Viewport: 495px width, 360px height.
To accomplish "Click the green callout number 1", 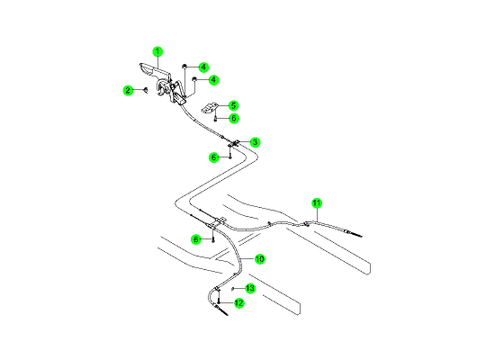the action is pyautogui.click(x=157, y=51).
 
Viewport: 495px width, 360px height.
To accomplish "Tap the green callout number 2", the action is pyautogui.click(x=128, y=91).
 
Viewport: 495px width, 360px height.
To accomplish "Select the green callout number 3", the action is pyautogui.click(x=255, y=142).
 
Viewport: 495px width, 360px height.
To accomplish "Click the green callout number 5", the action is pyautogui.click(x=233, y=105).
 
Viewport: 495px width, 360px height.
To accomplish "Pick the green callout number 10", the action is pyautogui.click(x=259, y=259).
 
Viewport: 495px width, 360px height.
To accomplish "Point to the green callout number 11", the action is pyautogui.click(x=317, y=203).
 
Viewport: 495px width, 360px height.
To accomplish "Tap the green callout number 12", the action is pyautogui.click(x=239, y=303).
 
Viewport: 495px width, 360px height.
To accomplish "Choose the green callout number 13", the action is pyautogui.click(x=249, y=288).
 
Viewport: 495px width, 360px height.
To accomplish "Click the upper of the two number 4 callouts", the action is pyautogui.click(x=203, y=67).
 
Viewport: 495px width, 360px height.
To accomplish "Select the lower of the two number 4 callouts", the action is pyautogui.click(x=213, y=79).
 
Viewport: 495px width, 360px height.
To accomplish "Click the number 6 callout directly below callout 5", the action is pyautogui.click(x=234, y=118).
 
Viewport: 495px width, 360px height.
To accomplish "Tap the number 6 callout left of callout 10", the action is pyautogui.click(x=196, y=239).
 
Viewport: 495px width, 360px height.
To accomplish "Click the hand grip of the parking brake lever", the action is pyautogui.click(x=148, y=69).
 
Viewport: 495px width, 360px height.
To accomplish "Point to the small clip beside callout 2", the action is pyautogui.click(x=146, y=91).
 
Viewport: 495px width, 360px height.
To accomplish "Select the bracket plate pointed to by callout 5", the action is pyautogui.click(x=210, y=107).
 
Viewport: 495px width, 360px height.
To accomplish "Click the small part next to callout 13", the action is pyautogui.click(x=233, y=289).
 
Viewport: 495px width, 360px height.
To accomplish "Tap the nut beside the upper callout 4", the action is pyautogui.click(x=184, y=67).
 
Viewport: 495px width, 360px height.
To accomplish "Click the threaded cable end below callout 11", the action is pyautogui.click(x=353, y=234).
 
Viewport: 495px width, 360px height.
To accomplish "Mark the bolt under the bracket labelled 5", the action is pyautogui.click(x=215, y=119).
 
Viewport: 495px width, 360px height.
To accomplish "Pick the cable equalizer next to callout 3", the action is pyautogui.click(x=234, y=144).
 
